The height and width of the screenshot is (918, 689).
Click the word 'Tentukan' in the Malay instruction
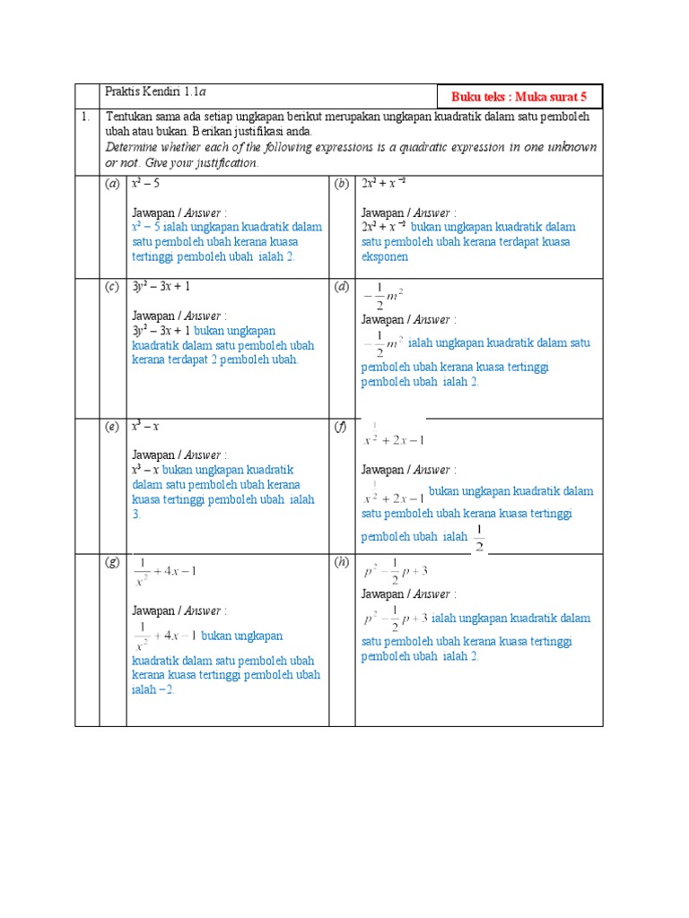coord(129,117)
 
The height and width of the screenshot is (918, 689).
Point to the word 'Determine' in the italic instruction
coord(135,147)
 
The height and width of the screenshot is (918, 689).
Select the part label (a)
coord(112,184)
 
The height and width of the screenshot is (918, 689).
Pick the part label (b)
coord(342,184)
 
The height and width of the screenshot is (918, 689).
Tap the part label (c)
coord(112,287)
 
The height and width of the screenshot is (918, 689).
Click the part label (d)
coord(342,287)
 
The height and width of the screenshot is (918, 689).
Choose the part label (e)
coord(112,427)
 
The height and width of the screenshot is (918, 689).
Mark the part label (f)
coord(341,427)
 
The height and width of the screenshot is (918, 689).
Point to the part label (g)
coord(112,562)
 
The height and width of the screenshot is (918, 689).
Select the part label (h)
coord(342,562)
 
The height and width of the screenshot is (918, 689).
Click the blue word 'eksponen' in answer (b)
coord(385,256)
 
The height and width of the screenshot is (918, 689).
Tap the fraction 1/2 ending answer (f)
coord(478,539)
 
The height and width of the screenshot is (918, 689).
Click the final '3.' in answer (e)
coord(136,515)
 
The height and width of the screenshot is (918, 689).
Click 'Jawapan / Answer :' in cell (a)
coord(179,212)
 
